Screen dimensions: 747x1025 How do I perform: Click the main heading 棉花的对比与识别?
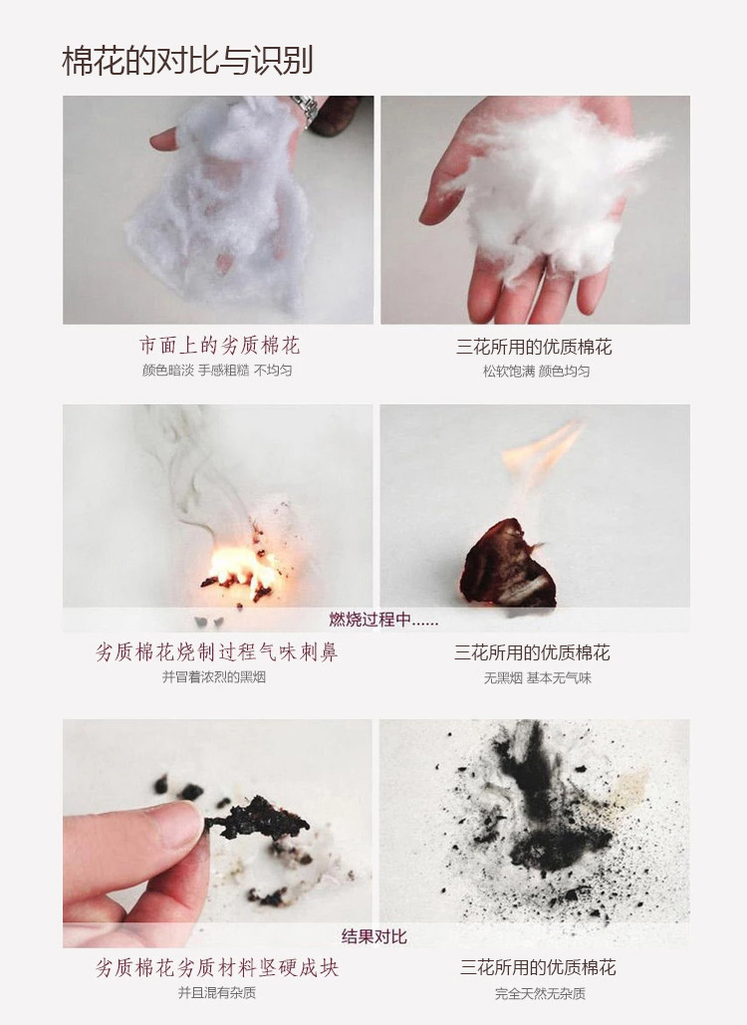click(x=187, y=61)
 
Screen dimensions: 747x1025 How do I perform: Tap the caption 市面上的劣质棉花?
click(x=219, y=345)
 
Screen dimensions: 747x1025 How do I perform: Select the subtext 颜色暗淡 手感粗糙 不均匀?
click(x=217, y=371)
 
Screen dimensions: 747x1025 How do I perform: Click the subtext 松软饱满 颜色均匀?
click(x=536, y=372)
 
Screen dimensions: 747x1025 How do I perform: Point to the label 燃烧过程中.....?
click(x=383, y=619)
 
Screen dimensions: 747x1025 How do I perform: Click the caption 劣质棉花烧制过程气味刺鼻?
click(x=217, y=651)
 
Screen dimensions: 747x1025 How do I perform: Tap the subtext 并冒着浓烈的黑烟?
click(x=214, y=677)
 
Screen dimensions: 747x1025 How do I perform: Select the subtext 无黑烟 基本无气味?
click(x=537, y=678)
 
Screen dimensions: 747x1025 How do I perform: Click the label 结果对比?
click(x=373, y=936)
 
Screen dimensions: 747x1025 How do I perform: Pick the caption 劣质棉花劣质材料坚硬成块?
click(x=217, y=967)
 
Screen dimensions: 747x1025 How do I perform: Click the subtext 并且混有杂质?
click(x=217, y=993)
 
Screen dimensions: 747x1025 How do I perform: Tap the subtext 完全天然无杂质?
click(x=540, y=994)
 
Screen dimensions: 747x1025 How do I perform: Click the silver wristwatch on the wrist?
click(x=305, y=109)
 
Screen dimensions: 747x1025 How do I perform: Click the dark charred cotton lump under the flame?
click(x=508, y=564)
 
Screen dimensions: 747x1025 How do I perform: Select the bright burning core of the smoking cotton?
click(x=239, y=568)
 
